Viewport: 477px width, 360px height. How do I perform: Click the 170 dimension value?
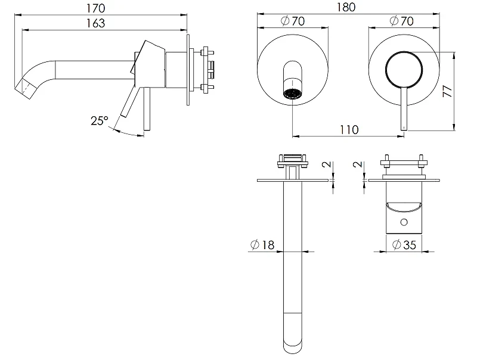tap(96, 8)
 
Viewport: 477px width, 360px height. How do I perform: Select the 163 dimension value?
tap(96, 23)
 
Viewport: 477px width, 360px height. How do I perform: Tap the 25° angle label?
tap(100, 121)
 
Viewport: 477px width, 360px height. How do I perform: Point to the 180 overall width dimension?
tap(346, 7)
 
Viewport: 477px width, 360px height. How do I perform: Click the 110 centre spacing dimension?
tap(349, 130)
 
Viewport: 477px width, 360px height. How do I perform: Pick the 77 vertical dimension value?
tap(448, 91)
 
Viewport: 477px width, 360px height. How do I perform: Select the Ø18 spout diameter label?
tap(262, 245)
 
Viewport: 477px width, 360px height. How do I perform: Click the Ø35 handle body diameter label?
tap(404, 245)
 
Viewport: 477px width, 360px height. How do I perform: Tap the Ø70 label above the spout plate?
tap(292, 21)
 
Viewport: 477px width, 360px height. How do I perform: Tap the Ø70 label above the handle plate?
tap(401, 21)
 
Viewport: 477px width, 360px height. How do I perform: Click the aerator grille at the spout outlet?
tap(293, 94)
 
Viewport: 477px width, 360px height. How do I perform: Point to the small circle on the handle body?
tap(404, 222)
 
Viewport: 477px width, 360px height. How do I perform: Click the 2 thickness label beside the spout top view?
tap(327, 164)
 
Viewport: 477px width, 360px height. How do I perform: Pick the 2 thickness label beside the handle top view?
tap(358, 164)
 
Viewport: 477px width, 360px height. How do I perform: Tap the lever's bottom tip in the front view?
tap(404, 130)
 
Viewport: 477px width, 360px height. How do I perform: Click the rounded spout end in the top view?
tap(293, 347)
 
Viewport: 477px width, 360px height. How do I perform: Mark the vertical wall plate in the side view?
tap(188, 70)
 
